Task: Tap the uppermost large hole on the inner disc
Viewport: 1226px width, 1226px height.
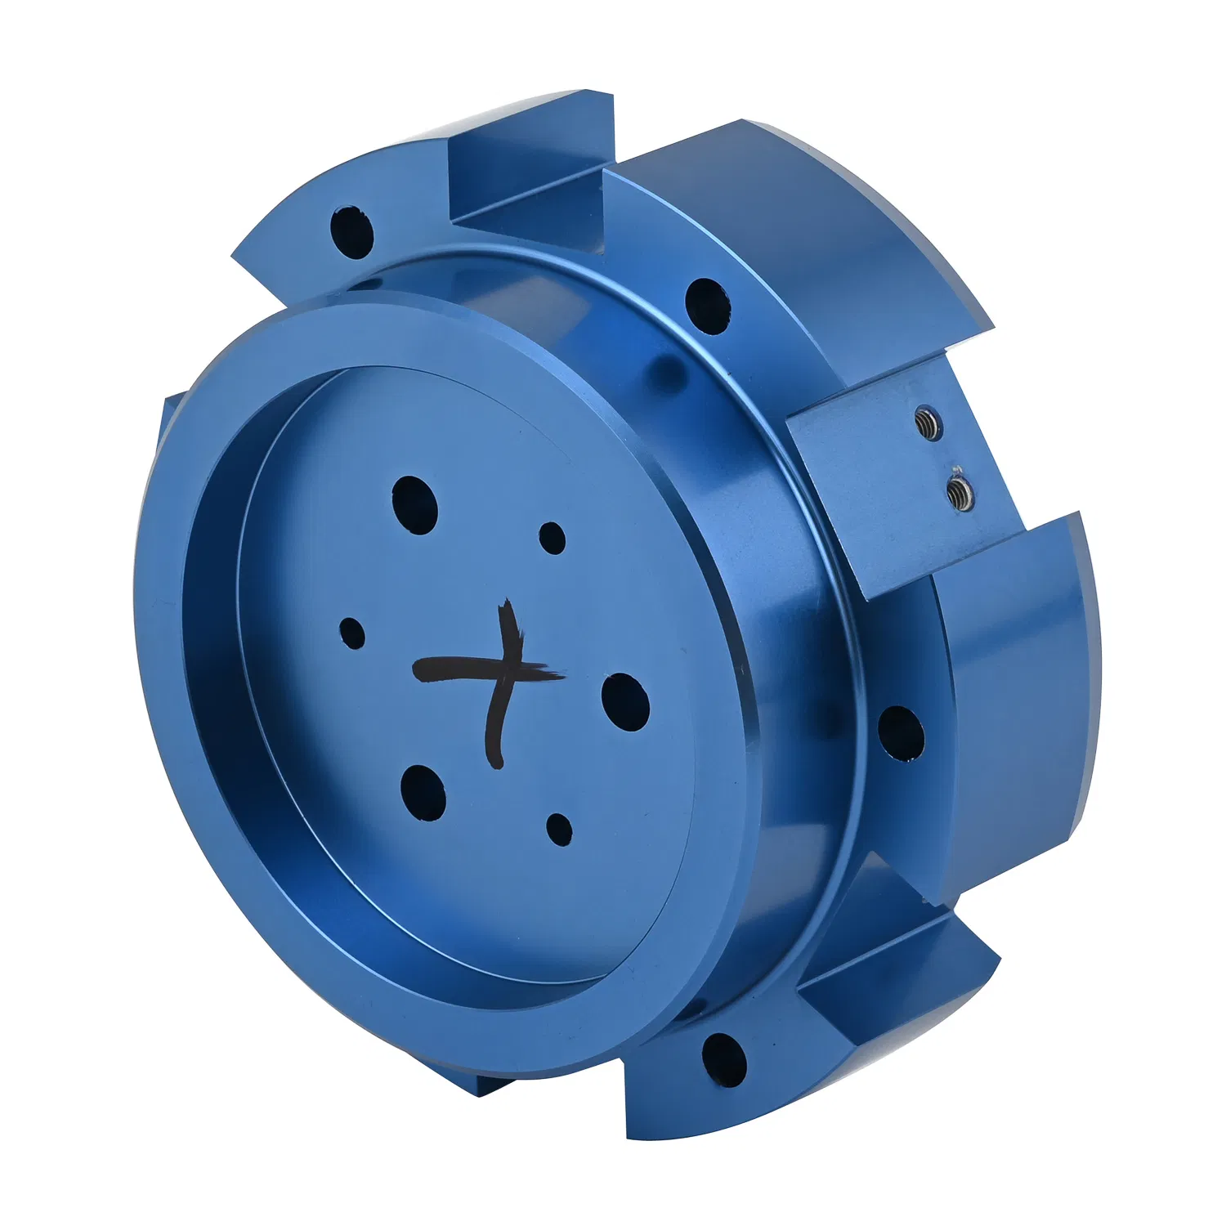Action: (x=414, y=504)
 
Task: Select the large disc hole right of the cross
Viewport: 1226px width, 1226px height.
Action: (x=625, y=701)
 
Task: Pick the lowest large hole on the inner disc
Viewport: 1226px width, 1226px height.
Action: (x=423, y=791)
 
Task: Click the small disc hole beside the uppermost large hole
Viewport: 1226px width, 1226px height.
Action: (x=553, y=538)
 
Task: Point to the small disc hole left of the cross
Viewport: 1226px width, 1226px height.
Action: (x=352, y=633)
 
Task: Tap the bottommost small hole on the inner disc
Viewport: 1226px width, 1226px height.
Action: (x=559, y=829)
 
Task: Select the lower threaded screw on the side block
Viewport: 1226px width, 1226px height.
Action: (x=958, y=493)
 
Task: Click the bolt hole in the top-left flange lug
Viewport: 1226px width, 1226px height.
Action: (x=351, y=232)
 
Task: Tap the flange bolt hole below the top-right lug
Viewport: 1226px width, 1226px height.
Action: (x=707, y=305)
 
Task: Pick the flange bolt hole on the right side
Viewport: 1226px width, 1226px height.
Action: (x=901, y=733)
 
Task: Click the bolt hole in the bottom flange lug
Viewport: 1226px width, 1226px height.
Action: (x=724, y=1059)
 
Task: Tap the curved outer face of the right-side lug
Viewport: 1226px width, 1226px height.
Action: (x=1022, y=695)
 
